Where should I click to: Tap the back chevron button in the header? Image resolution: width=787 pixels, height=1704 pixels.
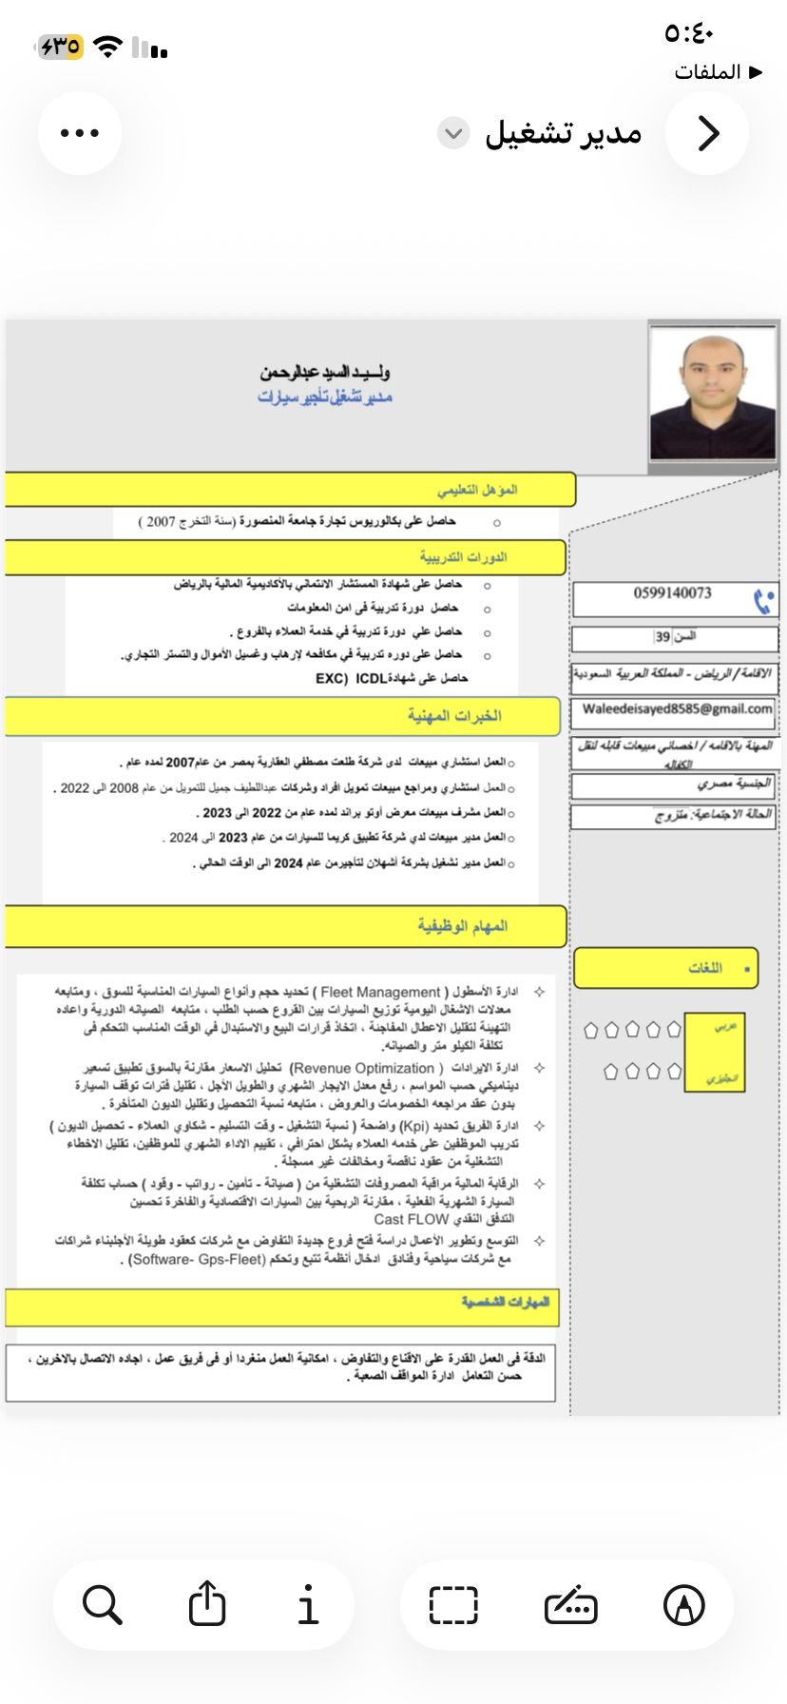coord(708,133)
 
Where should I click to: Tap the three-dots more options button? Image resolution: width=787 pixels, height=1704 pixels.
coord(80,133)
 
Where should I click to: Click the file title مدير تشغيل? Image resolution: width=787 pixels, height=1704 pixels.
coord(564,133)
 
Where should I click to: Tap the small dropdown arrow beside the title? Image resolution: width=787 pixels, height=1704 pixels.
coord(453,133)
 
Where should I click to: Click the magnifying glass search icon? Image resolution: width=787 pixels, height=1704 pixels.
coord(102,1604)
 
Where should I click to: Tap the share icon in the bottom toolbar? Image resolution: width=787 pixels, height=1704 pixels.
coord(206,1604)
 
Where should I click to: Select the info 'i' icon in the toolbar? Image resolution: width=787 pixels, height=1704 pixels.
coord(308,1604)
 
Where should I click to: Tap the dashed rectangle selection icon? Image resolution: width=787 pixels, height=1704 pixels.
coord(453,1604)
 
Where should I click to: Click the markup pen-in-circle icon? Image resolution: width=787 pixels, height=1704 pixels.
coord(683,1604)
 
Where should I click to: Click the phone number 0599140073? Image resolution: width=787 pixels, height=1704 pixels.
coord(672,593)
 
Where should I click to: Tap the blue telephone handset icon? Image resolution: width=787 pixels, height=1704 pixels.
coord(763,601)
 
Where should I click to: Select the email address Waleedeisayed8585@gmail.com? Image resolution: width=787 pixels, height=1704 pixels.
coord(677,708)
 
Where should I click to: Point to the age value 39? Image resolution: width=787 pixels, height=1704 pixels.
coord(662,637)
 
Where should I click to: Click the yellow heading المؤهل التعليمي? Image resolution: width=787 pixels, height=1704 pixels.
coord(477,490)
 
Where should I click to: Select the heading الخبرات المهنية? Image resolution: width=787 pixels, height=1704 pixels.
coord(454,715)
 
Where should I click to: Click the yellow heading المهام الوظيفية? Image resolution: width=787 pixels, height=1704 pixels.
coord(463,925)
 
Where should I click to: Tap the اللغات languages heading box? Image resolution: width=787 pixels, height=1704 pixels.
coord(705,968)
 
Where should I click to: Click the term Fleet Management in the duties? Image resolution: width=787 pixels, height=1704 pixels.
coord(381,992)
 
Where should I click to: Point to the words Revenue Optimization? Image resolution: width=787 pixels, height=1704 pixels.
coord(362,1068)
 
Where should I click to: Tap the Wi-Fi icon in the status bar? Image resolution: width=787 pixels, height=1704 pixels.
coord(109,47)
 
